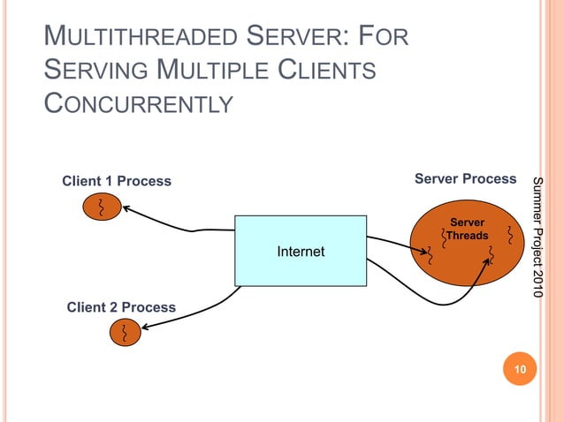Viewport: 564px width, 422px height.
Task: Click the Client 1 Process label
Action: (116, 182)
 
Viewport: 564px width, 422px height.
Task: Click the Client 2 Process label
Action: (121, 307)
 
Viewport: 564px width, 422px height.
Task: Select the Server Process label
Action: (465, 179)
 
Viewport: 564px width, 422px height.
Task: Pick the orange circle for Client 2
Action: (125, 333)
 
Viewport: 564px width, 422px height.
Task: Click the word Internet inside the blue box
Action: (301, 252)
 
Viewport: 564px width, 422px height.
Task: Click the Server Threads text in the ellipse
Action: (467, 229)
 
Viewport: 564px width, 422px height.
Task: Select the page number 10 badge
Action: (520, 370)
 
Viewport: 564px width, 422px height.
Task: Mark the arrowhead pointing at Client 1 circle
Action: (126, 209)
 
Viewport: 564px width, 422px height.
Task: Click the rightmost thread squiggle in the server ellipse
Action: (510, 236)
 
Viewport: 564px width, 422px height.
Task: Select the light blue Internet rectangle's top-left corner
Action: (235, 216)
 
